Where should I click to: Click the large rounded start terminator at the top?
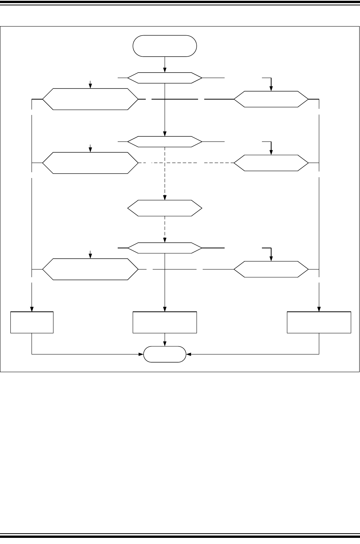165,46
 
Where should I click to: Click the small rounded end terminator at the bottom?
165,354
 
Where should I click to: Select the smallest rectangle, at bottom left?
32,322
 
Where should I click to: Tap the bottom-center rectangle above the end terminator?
165,322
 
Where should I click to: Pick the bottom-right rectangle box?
319,322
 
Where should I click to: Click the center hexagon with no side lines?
165,208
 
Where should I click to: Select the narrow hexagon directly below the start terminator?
165,78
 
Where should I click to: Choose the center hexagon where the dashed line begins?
165,142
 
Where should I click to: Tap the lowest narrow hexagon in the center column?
165,248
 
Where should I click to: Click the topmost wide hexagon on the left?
90,99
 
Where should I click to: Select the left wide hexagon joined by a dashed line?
90,163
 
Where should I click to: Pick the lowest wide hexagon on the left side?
90,269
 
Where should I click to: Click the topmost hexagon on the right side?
271,99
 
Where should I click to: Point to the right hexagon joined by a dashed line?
271,163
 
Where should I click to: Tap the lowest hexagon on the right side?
271,269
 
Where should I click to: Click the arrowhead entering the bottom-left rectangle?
32,309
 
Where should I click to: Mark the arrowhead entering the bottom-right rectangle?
319,309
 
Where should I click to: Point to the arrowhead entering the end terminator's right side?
188,354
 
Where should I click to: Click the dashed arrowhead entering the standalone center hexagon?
165,198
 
